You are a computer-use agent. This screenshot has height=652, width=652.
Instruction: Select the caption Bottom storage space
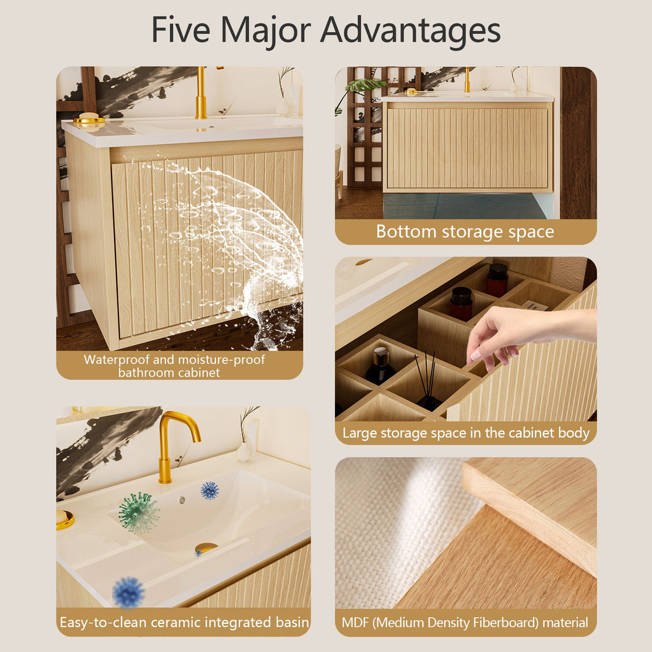click(465, 232)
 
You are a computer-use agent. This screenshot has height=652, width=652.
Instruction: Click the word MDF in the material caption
click(355, 623)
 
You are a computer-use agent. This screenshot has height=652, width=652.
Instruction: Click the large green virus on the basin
click(138, 513)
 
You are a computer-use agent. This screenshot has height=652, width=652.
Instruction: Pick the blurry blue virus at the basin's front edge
click(128, 592)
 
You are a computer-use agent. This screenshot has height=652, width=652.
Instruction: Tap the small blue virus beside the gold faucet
click(209, 491)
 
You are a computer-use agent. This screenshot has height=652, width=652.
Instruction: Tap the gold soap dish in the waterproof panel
click(89, 119)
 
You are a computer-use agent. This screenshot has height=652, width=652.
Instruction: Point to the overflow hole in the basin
click(182, 500)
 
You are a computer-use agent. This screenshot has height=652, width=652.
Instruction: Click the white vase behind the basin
click(243, 452)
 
